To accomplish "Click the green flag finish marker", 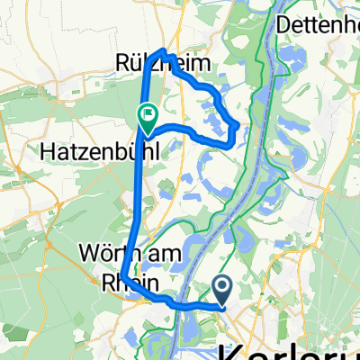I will point(147,114).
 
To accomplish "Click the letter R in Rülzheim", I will point(122,63).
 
